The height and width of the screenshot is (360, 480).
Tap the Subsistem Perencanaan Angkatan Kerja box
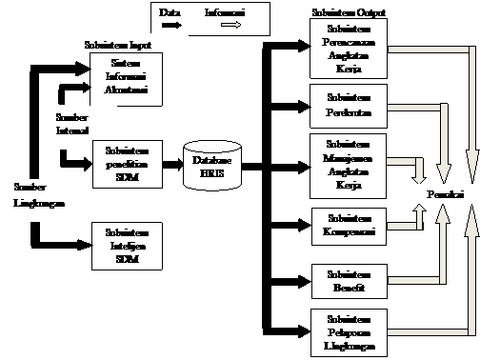click(x=348, y=52)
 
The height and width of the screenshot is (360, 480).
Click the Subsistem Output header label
click(x=348, y=15)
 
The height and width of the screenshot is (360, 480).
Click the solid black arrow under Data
click(x=171, y=27)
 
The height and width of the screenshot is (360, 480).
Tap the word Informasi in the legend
click(x=225, y=12)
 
